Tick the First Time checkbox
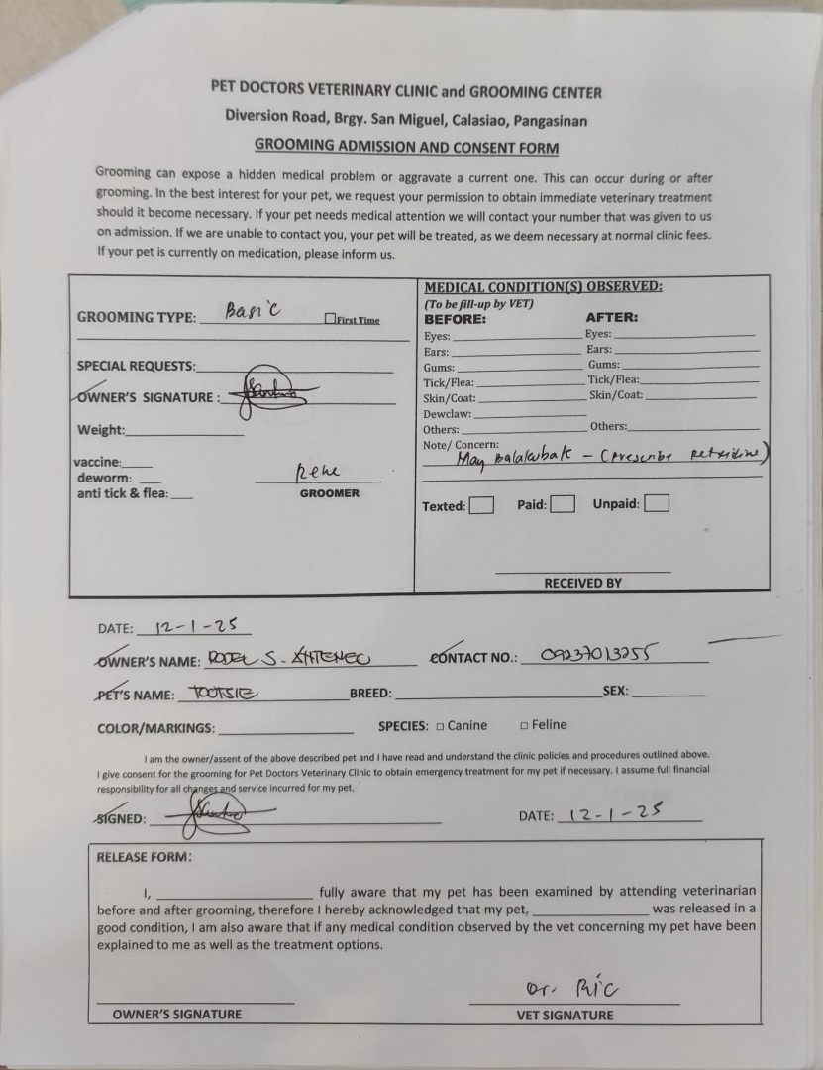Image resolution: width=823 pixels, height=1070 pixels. [330, 319]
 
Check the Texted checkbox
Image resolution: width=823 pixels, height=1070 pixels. [481, 505]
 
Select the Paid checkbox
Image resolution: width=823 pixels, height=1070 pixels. [562, 504]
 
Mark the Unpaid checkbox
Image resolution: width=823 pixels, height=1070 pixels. [656, 503]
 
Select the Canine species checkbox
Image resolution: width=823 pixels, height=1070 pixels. [440, 726]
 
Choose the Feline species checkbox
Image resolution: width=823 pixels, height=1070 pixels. [524, 726]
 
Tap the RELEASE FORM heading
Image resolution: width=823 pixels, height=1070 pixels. [145, 857]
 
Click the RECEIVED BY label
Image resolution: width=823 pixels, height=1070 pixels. [582, 583]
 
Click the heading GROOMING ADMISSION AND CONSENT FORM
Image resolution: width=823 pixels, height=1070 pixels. [406, 147]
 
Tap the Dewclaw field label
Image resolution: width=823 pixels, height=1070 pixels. [448, 414]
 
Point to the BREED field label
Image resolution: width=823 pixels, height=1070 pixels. [370, 694]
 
